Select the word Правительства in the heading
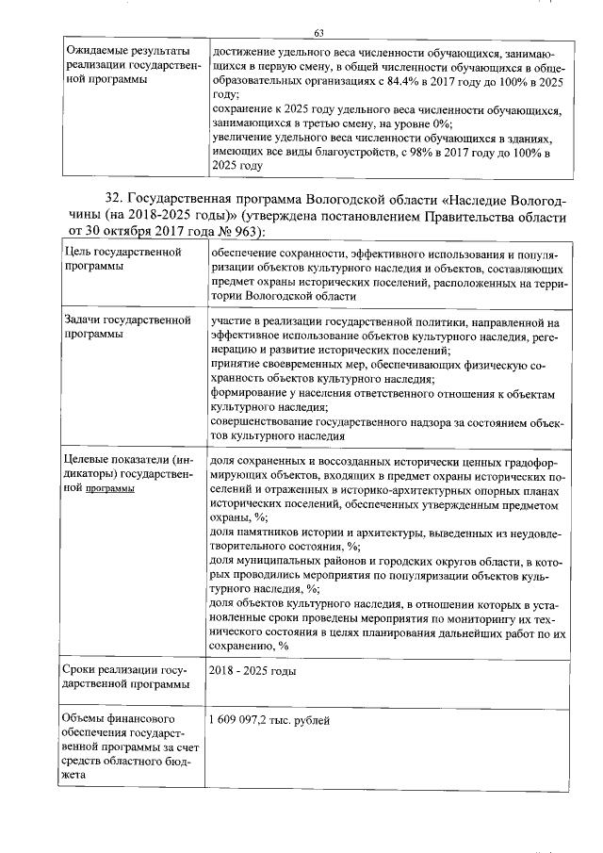(475, 216)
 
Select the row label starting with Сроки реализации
(123, 678)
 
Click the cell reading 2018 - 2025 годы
(252, 671)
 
